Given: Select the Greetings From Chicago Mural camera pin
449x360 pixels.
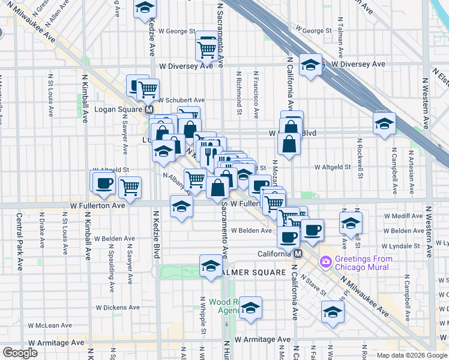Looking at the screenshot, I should tap(326, 261).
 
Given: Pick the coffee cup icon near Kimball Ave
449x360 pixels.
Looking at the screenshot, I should tap(104, 182).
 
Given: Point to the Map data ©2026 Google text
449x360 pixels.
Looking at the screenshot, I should tap(412, 355).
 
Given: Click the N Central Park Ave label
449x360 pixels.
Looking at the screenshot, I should tap(19, 241).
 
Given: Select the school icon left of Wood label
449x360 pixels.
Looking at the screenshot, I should tap(250, 308).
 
